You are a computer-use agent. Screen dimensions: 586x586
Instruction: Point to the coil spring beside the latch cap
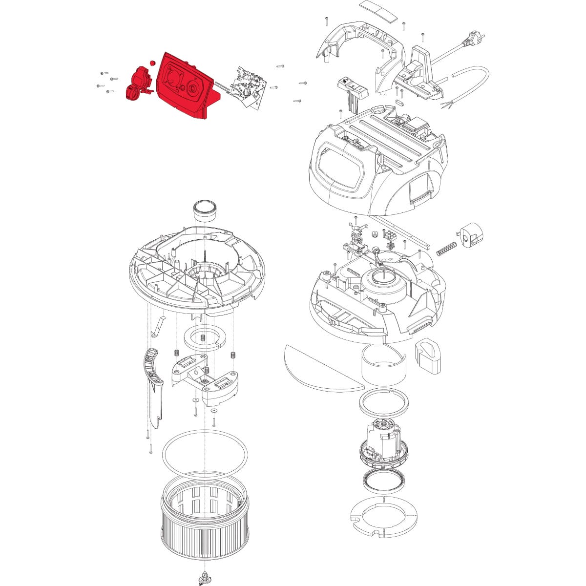pyautogui.click(x=444, y=248)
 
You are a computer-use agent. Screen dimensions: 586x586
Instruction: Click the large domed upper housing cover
pyautogui.click(x=376, y=161)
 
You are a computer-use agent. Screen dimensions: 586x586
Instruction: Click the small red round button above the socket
pyautogui.click(x=152, y=63)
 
